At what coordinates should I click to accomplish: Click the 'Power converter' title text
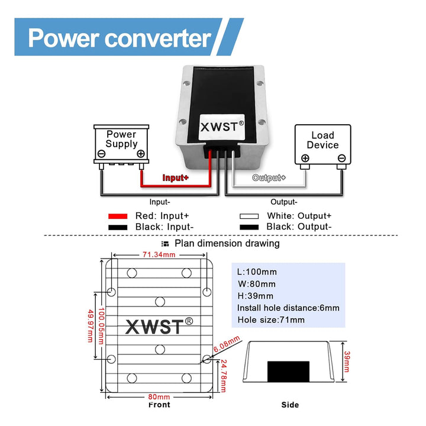click(120, 38)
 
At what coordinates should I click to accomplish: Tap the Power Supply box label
click(121, 139)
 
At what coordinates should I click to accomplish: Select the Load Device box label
click(322, 140)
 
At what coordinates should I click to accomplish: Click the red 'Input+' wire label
click(176, 177)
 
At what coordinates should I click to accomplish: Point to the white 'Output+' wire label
click(269, 177)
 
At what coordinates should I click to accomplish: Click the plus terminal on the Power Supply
click(140, 154)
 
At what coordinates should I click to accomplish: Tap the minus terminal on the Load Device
click(341, 158)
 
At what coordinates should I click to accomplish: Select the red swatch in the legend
click(118, 217)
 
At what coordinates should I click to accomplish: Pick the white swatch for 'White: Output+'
click(250, 217)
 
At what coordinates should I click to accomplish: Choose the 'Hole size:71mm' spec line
click(271, 319)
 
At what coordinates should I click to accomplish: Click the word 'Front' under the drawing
click(159, 405)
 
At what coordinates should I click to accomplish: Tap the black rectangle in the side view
click(289, 370)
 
